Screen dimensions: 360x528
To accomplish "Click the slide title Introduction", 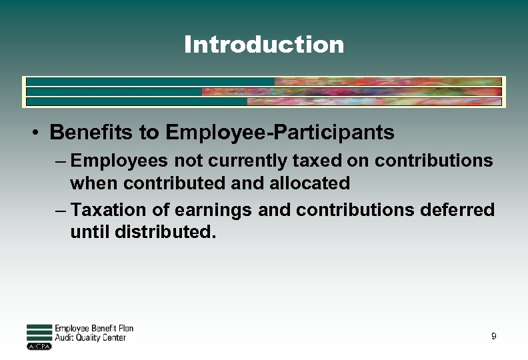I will [264, 45].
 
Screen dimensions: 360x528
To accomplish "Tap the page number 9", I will [493, 336].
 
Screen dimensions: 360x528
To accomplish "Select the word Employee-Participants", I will [280, 132].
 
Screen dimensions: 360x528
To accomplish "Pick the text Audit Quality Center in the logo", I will [90, 338].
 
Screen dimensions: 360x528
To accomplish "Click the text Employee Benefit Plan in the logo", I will [93, 328].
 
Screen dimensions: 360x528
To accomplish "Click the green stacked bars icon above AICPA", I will [39, 332].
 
